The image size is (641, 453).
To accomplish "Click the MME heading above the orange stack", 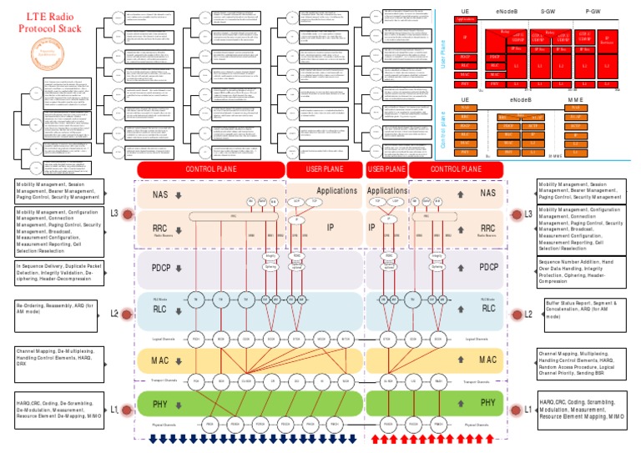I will point(577,99).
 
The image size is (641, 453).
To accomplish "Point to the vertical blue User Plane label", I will point(443,54).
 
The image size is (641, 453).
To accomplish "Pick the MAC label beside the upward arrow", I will point(487,360).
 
